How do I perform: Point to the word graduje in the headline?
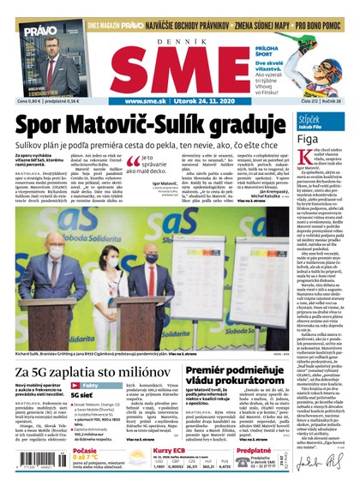pos(248,124)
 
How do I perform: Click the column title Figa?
pos(308,137)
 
